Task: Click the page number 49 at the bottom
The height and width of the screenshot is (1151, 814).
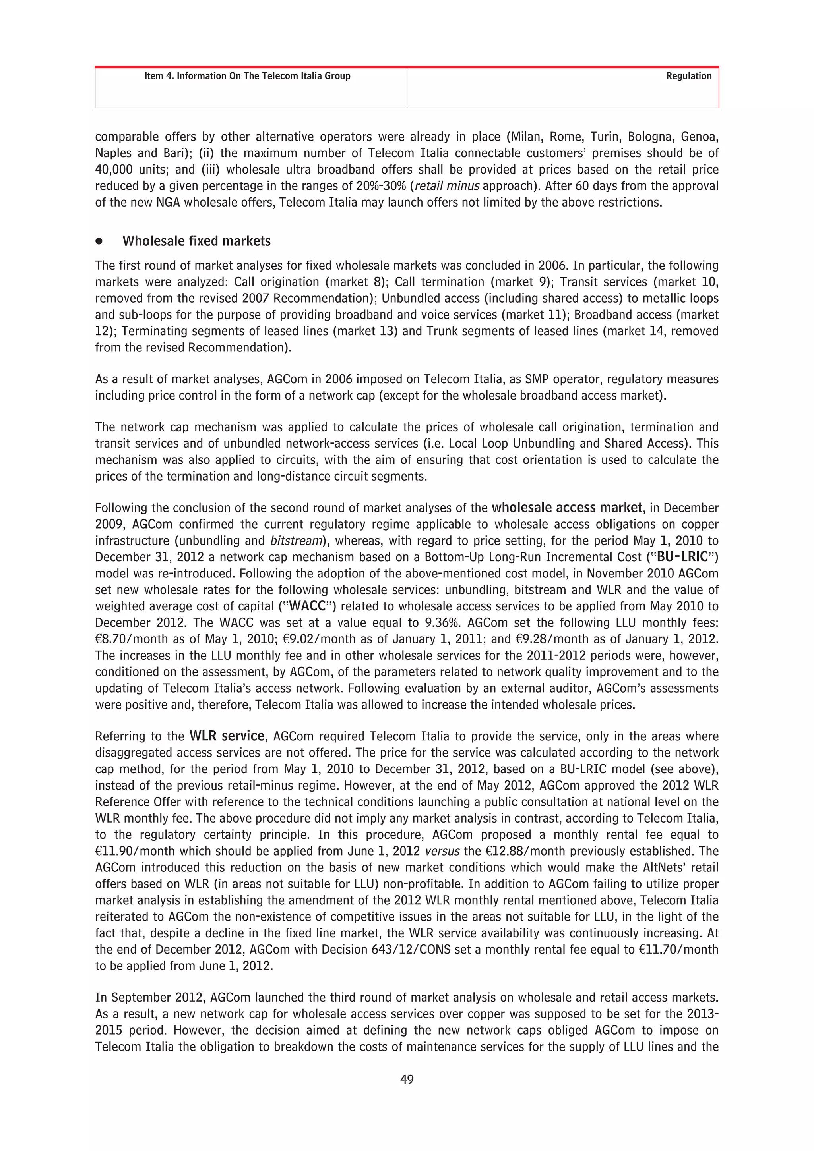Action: [407, 1080]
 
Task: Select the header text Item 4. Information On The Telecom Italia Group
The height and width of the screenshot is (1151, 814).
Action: [247, 76]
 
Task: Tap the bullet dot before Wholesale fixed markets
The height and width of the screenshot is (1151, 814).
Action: [99, 241]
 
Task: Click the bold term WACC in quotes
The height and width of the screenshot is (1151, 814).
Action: [308, 606]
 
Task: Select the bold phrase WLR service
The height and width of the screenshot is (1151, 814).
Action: [227, 736]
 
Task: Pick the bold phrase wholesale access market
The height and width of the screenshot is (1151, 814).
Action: [567, 508]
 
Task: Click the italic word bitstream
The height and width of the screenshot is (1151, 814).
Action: [295, 541]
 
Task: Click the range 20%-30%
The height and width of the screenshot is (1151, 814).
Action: [381, 186]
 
